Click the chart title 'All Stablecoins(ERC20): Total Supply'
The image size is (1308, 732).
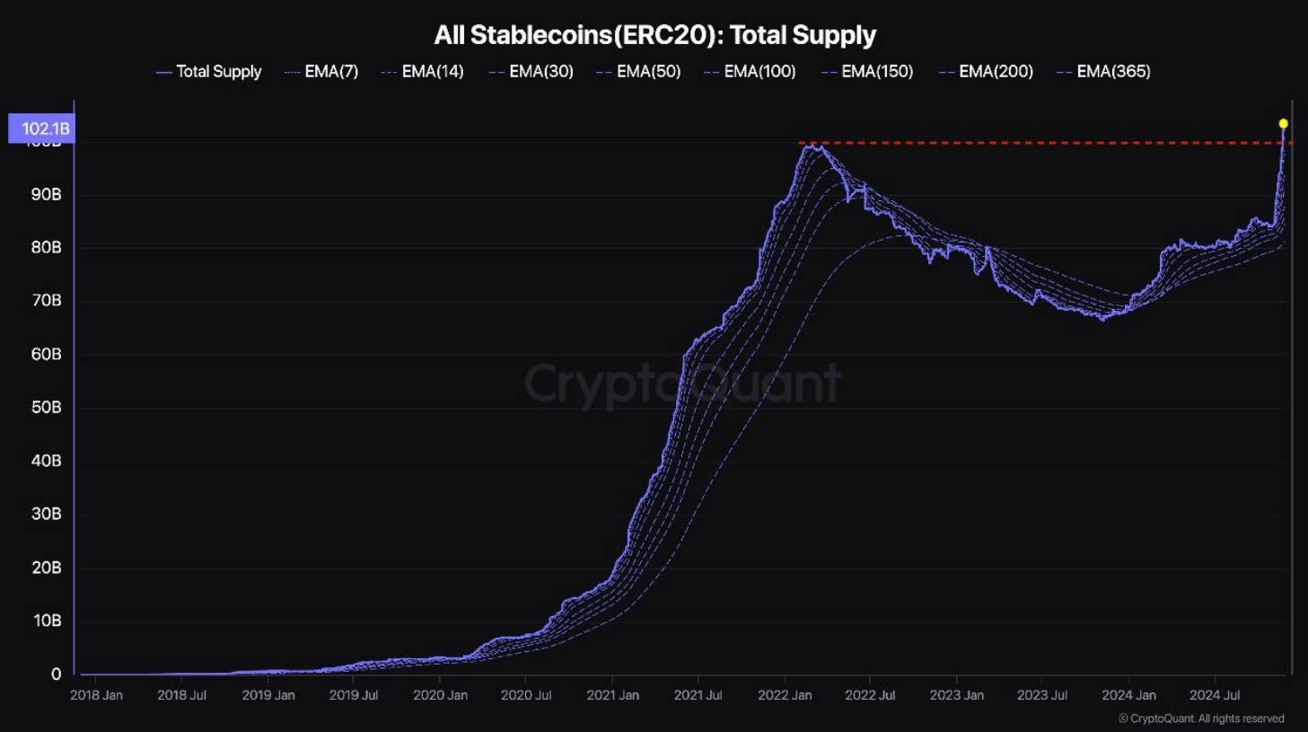click(x=654, y=35)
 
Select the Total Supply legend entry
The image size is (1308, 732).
click(x=209, y=72)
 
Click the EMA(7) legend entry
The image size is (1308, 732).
click(x=321, y=72)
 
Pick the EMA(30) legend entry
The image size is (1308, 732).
click(x=531, y=72)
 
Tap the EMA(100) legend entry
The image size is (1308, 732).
click(x=751, y=72)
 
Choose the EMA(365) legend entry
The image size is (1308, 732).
click(x=1104, y=72)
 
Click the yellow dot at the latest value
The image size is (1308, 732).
click(x=1283, y=124)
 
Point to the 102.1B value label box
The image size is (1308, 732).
click(x=41, y=128)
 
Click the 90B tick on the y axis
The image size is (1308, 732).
click(x=47, y=195)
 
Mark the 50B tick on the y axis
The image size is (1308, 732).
click(x=47, y=408)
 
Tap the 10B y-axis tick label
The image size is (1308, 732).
click(x=47, y=621)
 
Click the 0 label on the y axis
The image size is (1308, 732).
click(x=57, y=674)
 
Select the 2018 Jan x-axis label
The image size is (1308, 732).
click(x=96, y=695)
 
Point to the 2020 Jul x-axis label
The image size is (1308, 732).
click(x=526, y=695)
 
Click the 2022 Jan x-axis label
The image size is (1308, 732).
click(x=785, y=695)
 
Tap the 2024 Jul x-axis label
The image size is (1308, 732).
click(x=1215, y=695)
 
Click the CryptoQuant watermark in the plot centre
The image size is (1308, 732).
click(x=682, y=384)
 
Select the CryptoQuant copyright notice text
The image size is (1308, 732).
click(x=1201, y=719)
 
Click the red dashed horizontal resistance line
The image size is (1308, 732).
click(x=1032, y=143)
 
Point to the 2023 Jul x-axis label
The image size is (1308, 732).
click(x=1042, y=695)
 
